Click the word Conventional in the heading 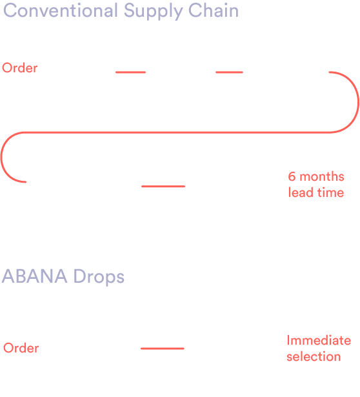point(61,10)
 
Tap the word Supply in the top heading point(154,12)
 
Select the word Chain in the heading point(214,10)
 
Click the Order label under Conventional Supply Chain point(20,68)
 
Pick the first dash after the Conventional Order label point(130,72)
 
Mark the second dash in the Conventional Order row point(229,72)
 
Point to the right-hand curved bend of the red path point(358,102)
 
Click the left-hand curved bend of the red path point(1,157)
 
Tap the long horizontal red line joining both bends point(177,132)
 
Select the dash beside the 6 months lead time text point(163,186)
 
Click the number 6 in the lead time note point(292,176)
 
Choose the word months point(322,176)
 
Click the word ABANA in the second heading point(35,276)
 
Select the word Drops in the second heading point(99,278)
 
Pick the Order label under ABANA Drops point(21,348)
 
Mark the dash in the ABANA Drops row point(163,349)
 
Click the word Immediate point(319,340)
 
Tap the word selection point(314,356)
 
